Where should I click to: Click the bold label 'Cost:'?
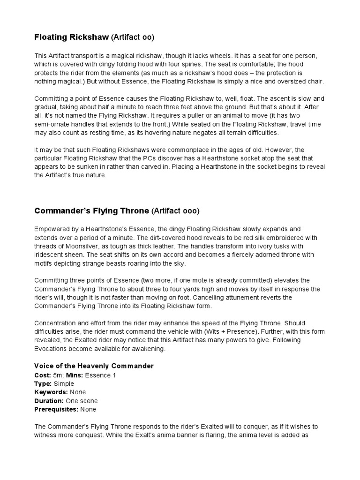[x=43, y=375]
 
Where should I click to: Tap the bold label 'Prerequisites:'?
[x=56, y=409]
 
